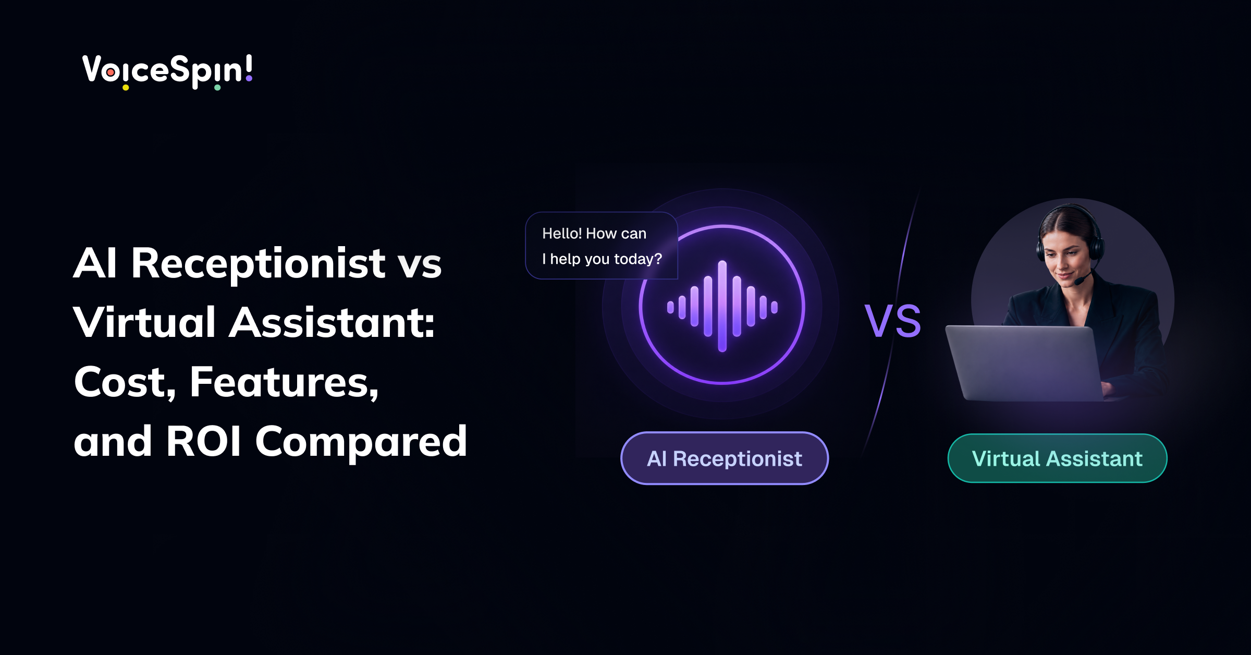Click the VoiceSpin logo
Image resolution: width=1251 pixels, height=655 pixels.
pos(167,71)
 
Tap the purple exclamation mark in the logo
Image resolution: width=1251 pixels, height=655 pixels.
pos(249,68)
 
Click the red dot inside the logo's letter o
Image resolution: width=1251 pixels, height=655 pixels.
pos(111,72)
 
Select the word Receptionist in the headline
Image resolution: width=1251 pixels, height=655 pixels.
pos(258,264)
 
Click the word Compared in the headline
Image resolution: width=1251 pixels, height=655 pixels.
pos(361,443)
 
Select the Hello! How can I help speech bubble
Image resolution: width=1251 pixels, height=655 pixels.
pos(602,246)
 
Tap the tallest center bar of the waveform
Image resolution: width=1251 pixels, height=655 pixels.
pos(722,306)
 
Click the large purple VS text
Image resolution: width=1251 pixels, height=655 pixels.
pos(893,321)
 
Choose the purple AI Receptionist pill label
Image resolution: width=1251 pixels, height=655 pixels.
pos(725,458)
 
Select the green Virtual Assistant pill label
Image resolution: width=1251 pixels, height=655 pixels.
pos(1057,458)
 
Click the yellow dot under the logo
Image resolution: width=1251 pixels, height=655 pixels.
pos(126,88)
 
